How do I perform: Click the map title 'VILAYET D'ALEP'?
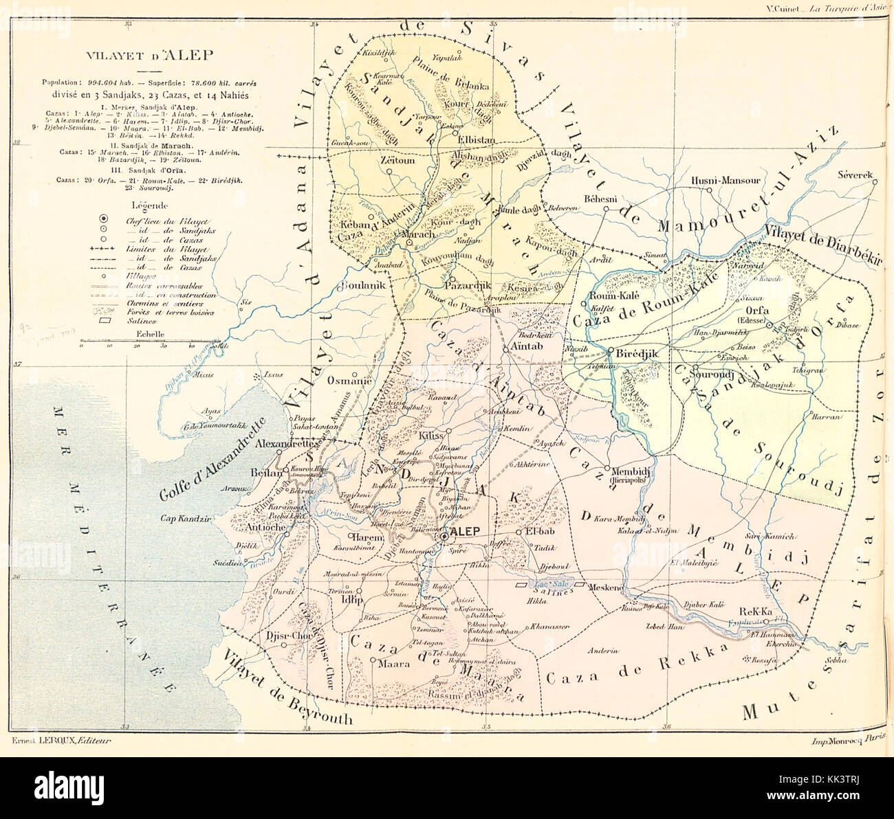149,56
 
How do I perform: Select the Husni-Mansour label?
725,181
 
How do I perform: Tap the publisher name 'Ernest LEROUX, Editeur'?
61,740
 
